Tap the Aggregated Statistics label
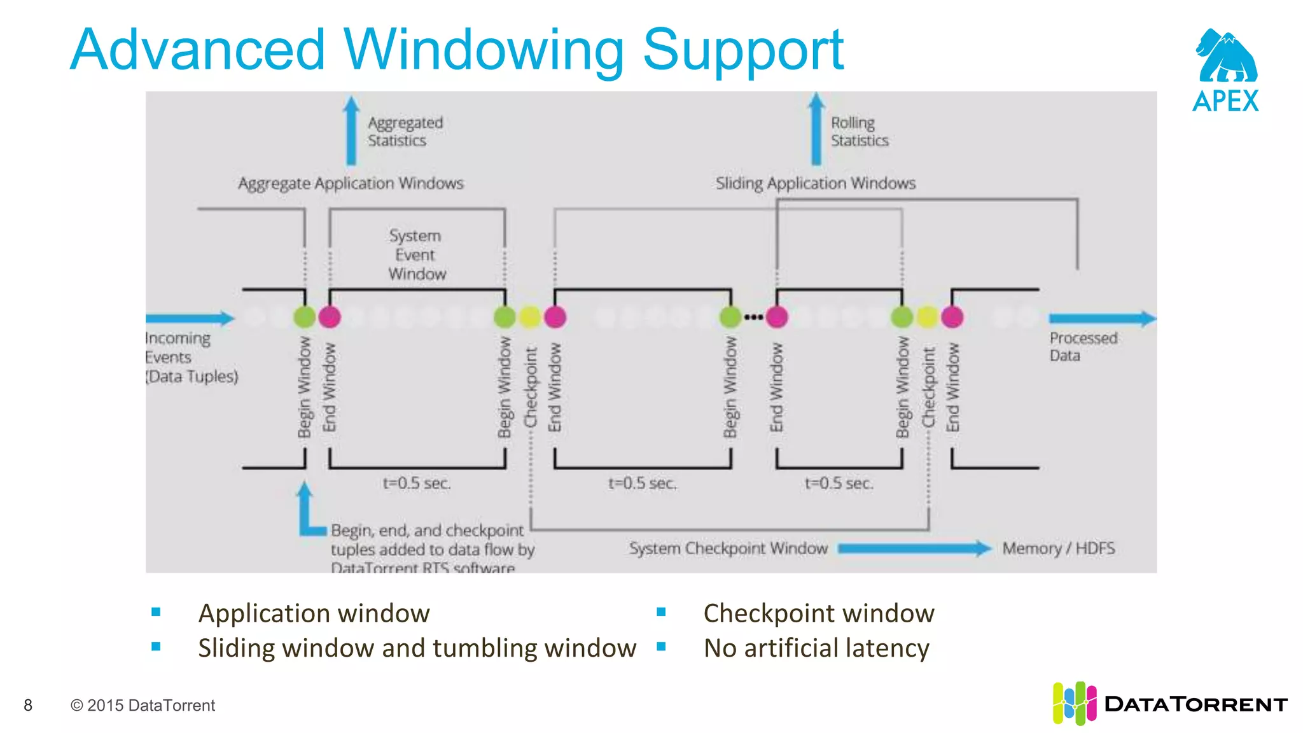405,131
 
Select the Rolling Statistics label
859,131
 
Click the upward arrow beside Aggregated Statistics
351,130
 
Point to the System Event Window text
417,255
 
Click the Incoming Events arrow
190,318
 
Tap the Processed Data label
1083,347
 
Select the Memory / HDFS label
1058,548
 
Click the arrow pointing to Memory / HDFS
914,548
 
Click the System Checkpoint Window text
728,548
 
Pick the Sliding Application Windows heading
815,183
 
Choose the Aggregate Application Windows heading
351,183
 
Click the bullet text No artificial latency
816,648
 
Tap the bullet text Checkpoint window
819,613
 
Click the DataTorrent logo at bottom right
1169,704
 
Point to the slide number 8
28,705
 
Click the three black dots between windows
753,317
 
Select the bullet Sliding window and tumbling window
417,648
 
